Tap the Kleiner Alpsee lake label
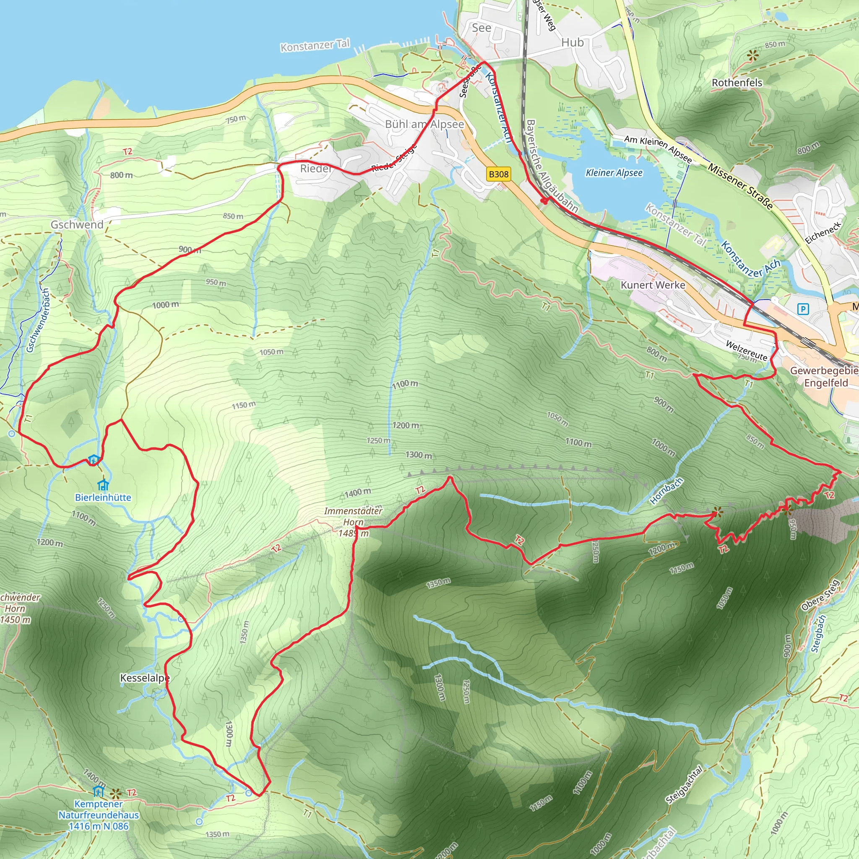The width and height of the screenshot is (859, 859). tap(614, 172)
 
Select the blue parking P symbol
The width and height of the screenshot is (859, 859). tap(803, 309)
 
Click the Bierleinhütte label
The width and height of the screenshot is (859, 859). tap(103, 497)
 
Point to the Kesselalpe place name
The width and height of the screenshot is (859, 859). tap(145, 678)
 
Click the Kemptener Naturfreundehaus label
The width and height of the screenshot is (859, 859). tap(99, 815)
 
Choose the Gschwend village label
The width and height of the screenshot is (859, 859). tap(77, 224)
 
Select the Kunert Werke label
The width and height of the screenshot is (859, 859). tap(653, 285)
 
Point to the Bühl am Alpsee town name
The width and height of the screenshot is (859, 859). tap(424, 124)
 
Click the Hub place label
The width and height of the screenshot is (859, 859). tap(572, 43)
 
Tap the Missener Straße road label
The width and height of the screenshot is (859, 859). tap(740, 186)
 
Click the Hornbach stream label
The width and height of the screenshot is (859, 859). tap(666, 491)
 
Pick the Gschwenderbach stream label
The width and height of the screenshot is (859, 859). tap(37, 320)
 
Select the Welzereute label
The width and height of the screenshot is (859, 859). tap(747, 350)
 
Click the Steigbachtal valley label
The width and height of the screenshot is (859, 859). tap(684, 785)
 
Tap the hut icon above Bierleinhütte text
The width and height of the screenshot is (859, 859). tap(103, 484)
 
